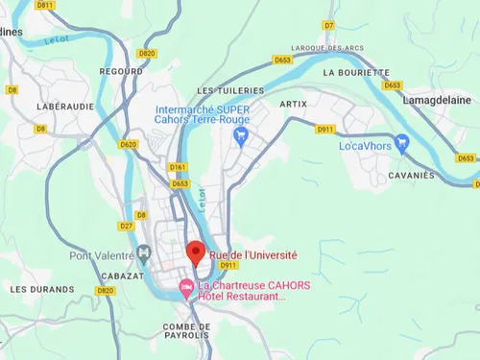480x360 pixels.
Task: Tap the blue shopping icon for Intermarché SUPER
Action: point(241,135)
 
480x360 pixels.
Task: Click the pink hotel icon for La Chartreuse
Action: point(186,286)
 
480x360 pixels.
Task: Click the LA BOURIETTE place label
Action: point(356,72)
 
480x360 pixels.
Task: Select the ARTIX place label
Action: point(293,102)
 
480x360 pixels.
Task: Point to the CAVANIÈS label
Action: point(412,176)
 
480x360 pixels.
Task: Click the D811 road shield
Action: point(45,5)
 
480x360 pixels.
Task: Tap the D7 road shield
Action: point(328,25)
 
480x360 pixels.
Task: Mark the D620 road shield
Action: point(129,144)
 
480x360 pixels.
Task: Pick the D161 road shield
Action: point(178,167)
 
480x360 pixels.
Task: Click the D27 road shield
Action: point(127,227)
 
